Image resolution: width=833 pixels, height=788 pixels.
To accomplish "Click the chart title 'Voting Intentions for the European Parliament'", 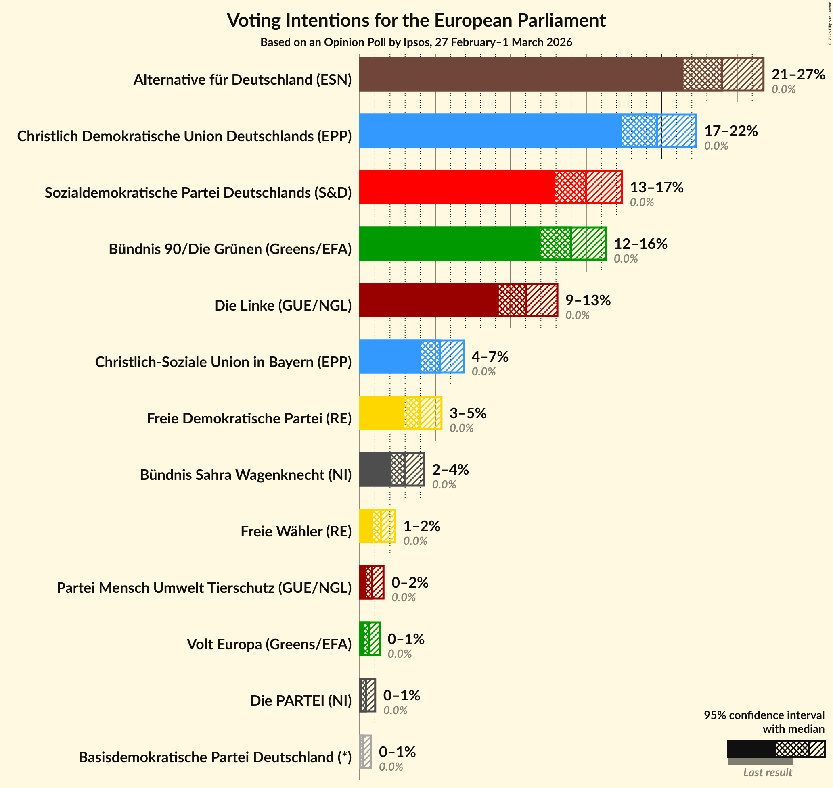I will point(416,20).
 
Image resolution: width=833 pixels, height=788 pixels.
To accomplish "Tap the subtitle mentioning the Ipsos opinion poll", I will point(416,42).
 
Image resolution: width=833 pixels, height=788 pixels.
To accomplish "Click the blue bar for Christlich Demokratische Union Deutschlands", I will point(490,131).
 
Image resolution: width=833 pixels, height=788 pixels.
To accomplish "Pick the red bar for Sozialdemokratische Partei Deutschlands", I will point(456,188).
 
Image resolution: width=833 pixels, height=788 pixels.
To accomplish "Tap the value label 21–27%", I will point(798,74).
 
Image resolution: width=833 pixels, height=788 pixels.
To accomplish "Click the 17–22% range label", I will point(731,131).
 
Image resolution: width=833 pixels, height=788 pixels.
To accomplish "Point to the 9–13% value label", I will point(588,300).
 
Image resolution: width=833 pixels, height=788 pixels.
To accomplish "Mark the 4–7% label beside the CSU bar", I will point(490,356).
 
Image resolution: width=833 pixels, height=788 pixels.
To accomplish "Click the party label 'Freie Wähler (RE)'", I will point(296,532).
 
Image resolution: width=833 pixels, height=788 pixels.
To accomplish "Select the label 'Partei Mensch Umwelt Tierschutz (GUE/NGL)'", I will point(204,588).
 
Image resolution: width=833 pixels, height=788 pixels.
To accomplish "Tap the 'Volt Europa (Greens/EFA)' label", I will point(269,644).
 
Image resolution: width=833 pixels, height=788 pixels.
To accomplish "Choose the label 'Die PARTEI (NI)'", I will point(301,700).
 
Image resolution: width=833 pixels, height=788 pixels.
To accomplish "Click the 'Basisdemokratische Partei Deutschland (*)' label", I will point(215,757).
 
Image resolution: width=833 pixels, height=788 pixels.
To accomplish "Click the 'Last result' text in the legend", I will point(768,772).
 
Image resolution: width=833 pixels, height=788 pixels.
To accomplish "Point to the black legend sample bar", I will point(751,749).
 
